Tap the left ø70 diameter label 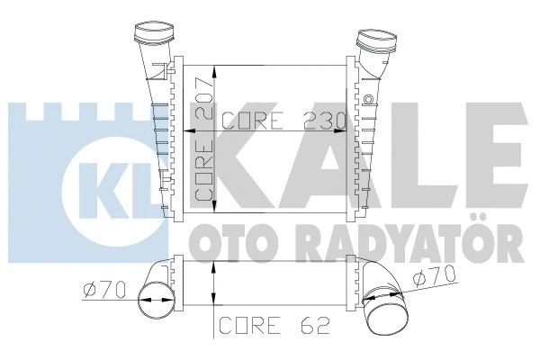pyautogui.click(x=104, y=291)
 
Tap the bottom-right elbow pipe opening pyautogui.click(x=397, y=316)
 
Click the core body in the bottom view pyautogui.click(x=265, y=279)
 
